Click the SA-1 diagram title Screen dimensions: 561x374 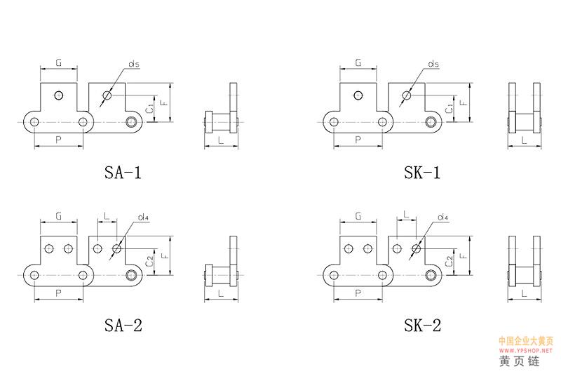click(123, 173)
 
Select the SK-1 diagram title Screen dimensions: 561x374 click(422, 173)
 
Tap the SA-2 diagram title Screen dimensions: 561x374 click(123, 326)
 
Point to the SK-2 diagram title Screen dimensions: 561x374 click(423, 326)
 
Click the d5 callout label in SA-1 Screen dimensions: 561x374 click(134, 64)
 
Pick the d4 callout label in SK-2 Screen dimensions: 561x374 click(443, 217)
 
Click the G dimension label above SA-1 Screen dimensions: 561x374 click(59, 62)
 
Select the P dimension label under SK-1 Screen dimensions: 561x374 click(358, 140)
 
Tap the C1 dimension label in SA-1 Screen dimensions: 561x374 click(151, 108)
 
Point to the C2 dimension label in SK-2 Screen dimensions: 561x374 click(450, 261)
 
